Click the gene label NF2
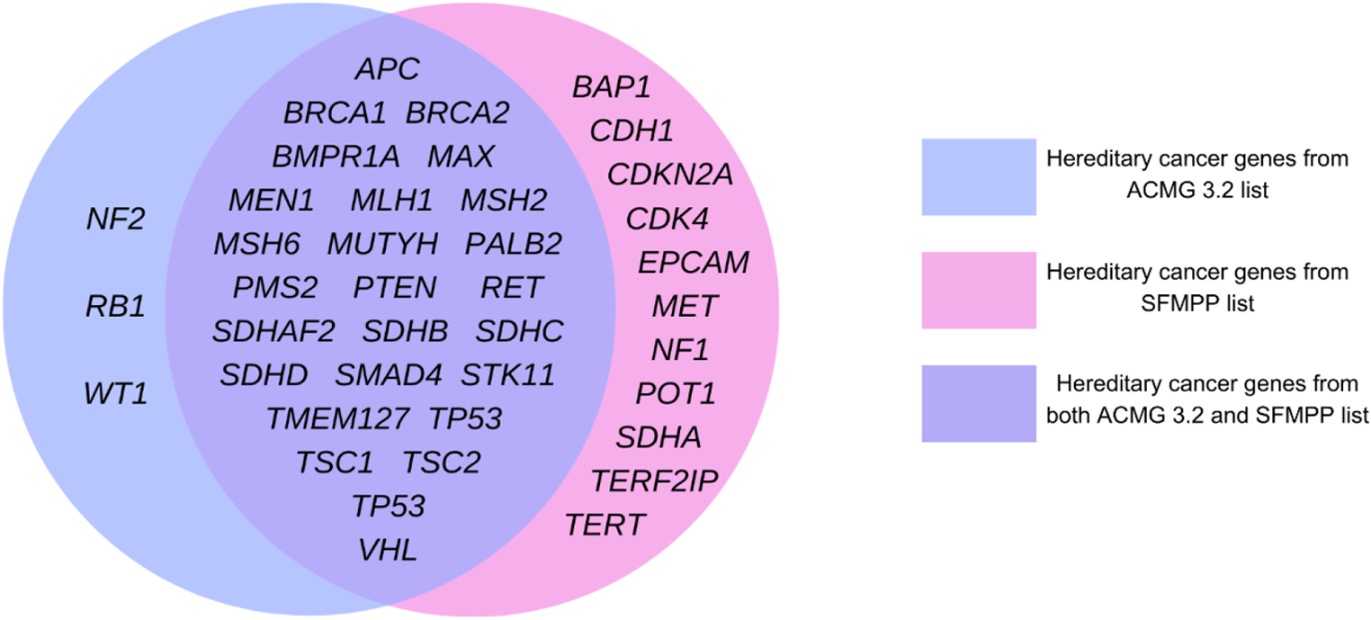pyautogui.click(x=115, y=219)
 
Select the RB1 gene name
pyautogui.click(x=115, y=306)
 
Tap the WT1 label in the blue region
pyautogui.click(x=115, y=393)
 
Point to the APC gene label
pyautogui.click(x=388, y=69)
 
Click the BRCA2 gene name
pyautogui.click(x=458, y=113)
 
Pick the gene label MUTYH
pyautogui.click(x=382, y=243)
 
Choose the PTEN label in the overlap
pyautogui.click(x=394, y=287)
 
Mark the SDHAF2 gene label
pyautogui.click(x=273, y=331)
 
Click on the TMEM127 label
pyautogui.click(x=337, y=418)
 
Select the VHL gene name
pyautogui.click(x=388, y=550)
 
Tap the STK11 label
pyautogui.click(x=508, y=374)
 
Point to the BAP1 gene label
pyautogui.click(x=611, y=88)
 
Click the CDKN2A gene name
pyautogui.click(x=670, y=175)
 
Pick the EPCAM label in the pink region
pyautogui.click(x=694, y=263)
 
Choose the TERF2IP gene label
pyautogui.click(x=655, y=481)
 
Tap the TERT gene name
pyautogui.click(x=605, y=525)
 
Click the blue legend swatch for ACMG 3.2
pyautogui.click(x=978, y=176)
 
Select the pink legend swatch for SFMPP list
pyautogui.click(x=978, y=290)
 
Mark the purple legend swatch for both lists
pyautogui.click(x=978, y=403)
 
